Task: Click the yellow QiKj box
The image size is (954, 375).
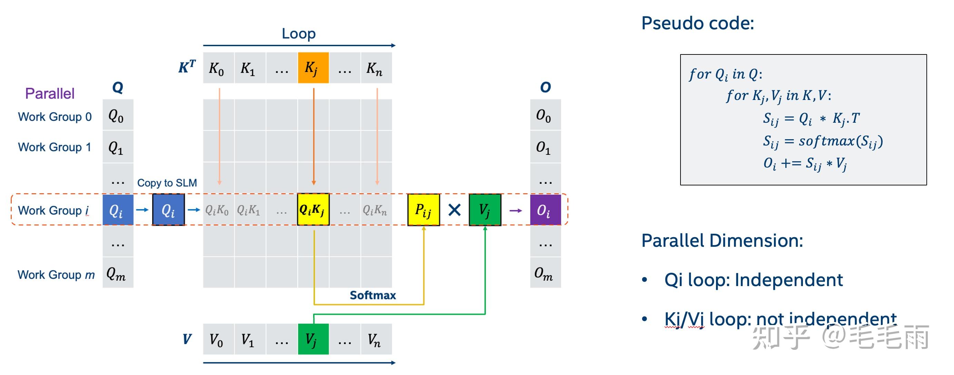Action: pos(313,209)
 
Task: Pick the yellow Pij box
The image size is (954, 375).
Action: pos(424,210)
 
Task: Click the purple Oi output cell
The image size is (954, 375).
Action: pos(546,210)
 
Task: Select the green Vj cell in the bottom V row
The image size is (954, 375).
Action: pos(313,339)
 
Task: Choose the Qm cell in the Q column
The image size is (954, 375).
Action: pos(118,272)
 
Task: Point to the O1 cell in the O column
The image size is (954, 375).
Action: pos(546,146)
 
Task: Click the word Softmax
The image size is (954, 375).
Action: pos(372,295)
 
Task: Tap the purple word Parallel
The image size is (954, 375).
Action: pos(50,93)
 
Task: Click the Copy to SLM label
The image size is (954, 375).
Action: pos(167,183)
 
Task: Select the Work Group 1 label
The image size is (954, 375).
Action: pos(54,147)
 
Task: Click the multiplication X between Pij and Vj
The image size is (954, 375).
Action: pos(455,210)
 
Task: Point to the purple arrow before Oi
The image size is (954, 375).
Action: pos(516,211)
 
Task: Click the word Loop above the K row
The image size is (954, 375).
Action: pos(298,33)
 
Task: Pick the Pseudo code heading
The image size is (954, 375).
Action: pos(698,23)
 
